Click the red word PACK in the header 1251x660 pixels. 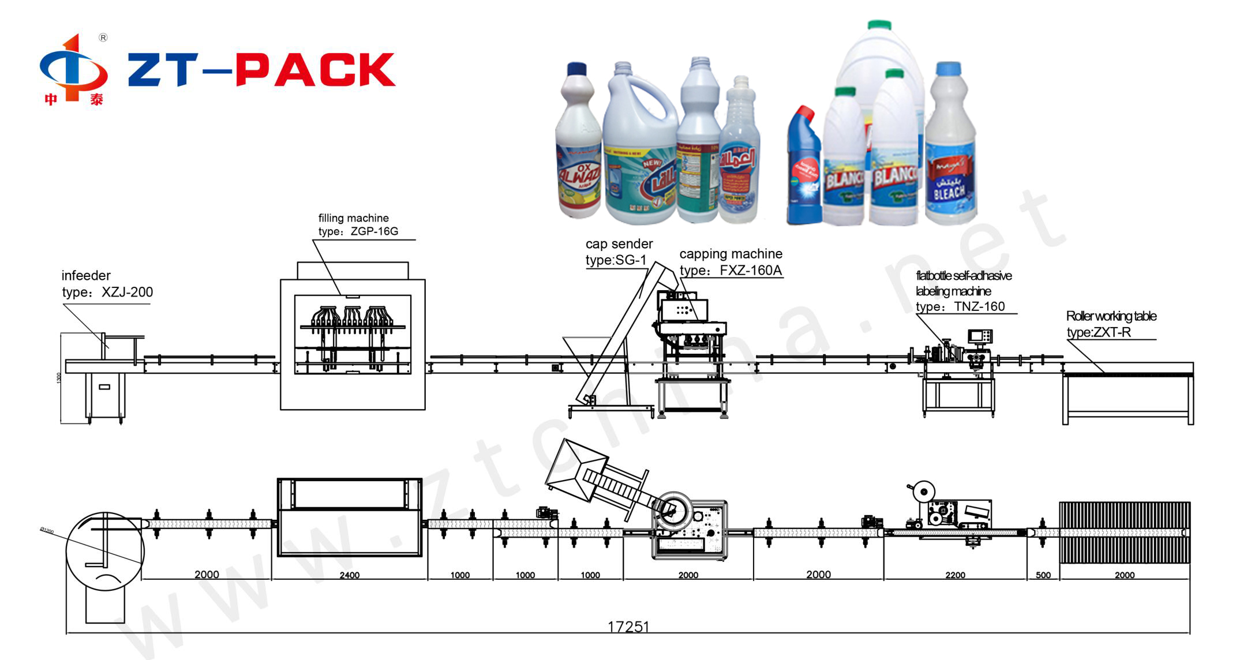[316, 70]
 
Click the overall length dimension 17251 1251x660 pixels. [628, 627]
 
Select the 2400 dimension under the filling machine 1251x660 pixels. [350, 575]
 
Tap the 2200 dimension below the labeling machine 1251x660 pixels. [955, 575]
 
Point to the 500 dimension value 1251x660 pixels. [1043, 575]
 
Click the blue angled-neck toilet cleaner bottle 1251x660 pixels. [804, 167]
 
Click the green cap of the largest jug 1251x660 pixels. [879, 25]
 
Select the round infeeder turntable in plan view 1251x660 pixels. [104, 550]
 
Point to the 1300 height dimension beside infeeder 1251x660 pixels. [59, 378]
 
